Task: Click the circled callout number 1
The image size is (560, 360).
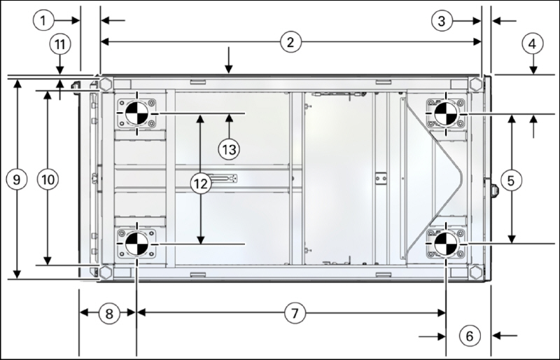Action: (43, 20)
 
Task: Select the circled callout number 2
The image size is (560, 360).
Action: (290, 42)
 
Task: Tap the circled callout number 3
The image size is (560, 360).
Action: (442, 21)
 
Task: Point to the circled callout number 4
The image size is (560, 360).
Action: (533, 44)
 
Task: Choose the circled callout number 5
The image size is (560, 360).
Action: (511, 181)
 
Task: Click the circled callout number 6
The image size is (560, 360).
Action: (469, 335)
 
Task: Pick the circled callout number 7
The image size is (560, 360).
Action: (295, 313)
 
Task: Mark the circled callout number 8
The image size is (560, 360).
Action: (109, 314)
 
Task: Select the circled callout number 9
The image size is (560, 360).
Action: (17, 179)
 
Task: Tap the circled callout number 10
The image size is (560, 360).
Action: (48, 179)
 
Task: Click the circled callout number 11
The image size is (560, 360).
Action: (59, 44)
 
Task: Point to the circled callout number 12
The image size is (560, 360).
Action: (201, 184)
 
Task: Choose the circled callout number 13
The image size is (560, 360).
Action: (229, 149)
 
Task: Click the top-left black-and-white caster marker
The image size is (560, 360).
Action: (136, 113)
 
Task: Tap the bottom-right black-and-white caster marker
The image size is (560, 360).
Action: (446, 244)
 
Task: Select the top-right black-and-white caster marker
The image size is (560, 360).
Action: (446, 113)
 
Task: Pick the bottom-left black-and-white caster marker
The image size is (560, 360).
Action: (136, 244)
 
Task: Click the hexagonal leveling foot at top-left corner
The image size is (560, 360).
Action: (105, 84)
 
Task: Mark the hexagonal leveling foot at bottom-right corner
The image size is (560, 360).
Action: (476, 272)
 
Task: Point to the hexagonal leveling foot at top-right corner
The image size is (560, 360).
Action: (476, 84)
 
